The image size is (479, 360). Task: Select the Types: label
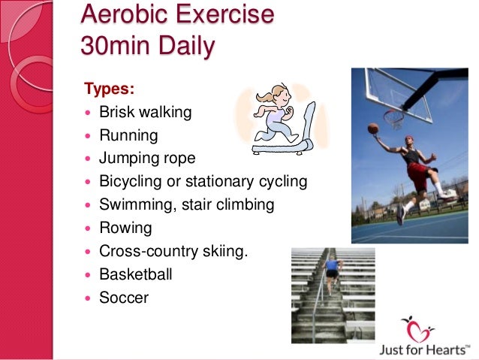coord(110,89)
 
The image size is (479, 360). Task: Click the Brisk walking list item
coord(146,113)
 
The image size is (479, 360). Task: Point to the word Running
coord(129,136)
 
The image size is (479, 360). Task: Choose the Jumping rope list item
coord(147,159)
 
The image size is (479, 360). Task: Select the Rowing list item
coord(125,228)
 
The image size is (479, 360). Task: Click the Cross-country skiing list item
coord(173,251)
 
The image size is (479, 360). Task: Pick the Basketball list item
coord(136,274)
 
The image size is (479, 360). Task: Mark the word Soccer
coord(124,298)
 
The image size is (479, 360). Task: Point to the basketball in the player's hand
coord(373,129)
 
